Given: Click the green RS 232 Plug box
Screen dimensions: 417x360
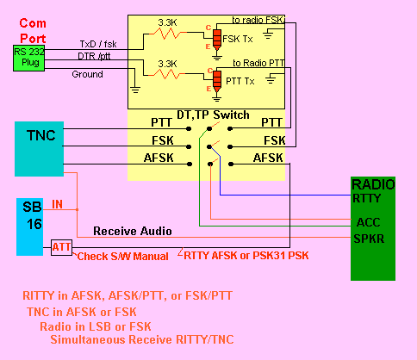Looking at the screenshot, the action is click(x=28, y=58).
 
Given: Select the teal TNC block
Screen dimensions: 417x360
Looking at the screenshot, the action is click(x=39, y=149).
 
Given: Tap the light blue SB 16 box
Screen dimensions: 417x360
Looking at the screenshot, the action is click(x=29, y=227).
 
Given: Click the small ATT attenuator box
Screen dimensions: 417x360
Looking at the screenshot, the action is click(x=61, y=247).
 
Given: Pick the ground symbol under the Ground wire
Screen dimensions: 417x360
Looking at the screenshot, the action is click(x=135, y=90).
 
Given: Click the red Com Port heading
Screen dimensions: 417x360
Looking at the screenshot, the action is click(x=33, y=31).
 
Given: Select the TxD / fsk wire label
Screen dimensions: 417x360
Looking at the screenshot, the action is click(x=98, y=44).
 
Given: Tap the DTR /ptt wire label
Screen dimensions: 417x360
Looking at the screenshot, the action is click(x=94, y=56).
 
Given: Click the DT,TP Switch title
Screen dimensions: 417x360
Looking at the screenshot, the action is click(x=213, y=115).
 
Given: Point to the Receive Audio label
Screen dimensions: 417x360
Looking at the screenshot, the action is click(x=133, y=231).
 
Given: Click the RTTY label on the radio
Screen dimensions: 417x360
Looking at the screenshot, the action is click(x=367, y=198).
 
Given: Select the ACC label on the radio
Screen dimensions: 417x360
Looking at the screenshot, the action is click(x=368, y=222).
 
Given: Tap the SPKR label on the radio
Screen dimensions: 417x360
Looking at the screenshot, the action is click(x=369, y=239).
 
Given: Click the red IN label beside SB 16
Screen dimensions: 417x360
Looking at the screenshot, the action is click(x=57, y=204).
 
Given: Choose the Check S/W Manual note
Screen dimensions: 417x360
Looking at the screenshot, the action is click(x=123, y=257).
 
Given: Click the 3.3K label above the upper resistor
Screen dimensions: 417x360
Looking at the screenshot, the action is click(x=167, y=22).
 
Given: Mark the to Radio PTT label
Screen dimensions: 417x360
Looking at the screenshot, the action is click(x=258, y=63).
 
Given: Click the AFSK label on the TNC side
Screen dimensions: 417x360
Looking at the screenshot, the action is click(x=159, y=158).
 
